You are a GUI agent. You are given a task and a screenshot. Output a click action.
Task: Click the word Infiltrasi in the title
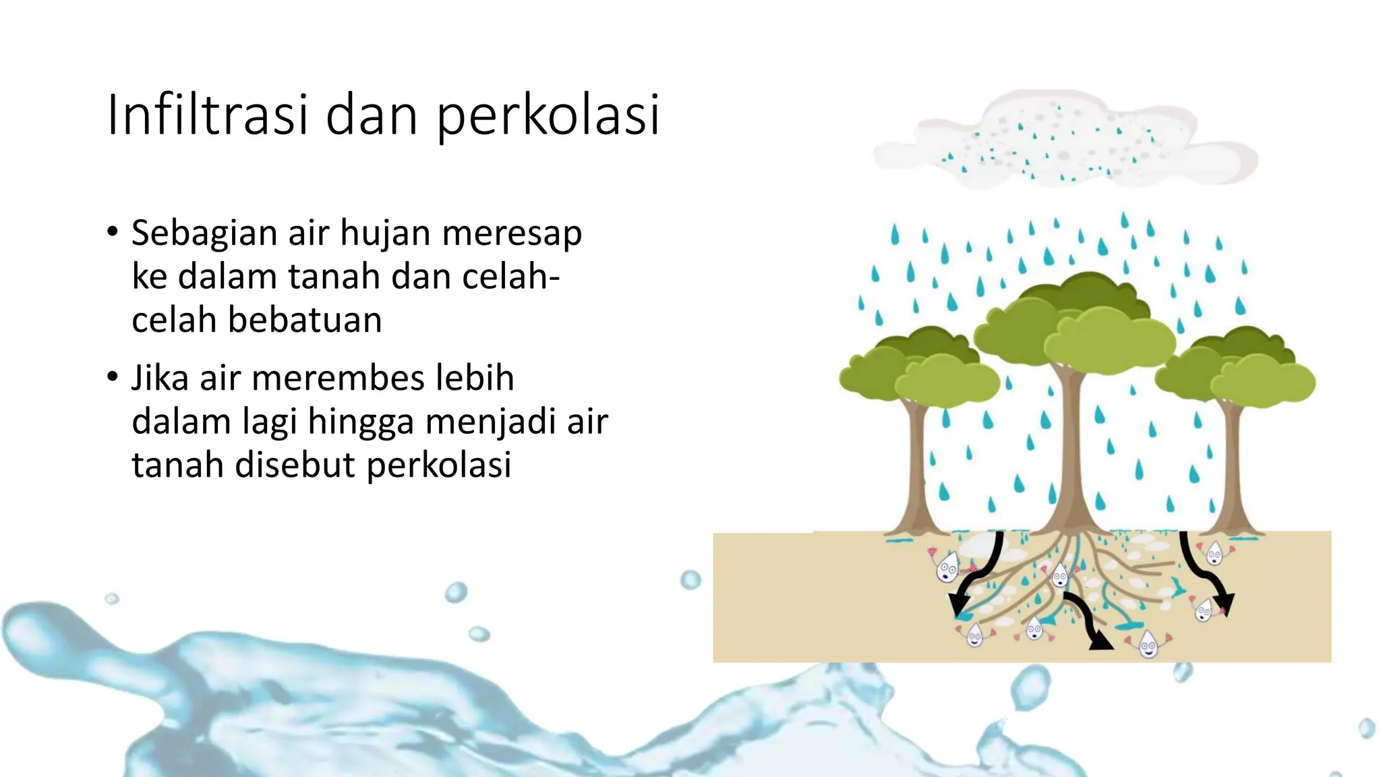[208, 115]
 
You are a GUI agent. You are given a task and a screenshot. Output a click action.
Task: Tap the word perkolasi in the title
[548, 116]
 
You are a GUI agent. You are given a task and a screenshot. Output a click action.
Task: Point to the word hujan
[385, 234]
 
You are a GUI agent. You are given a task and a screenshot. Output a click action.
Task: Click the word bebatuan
[304, 320]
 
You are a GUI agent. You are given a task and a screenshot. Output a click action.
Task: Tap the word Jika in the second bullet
[159, 378]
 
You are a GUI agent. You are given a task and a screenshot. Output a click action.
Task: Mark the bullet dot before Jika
[113, 376]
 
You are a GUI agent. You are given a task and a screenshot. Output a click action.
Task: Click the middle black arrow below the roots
[1086, 621]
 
